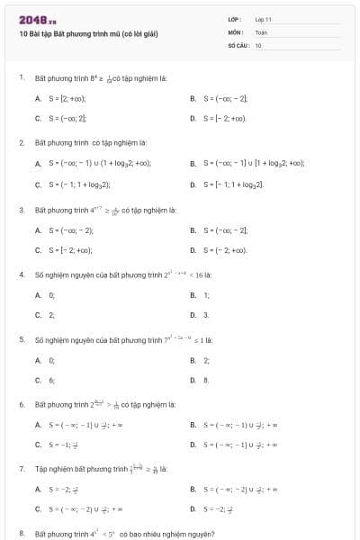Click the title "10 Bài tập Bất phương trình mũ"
[x=88, y=33]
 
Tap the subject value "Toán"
[x=261, y=31]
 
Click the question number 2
[x=22, y=142]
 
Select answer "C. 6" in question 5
[x=45, y=380]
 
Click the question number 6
[x=22, y=404]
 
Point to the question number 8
[x=22, y=534]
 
